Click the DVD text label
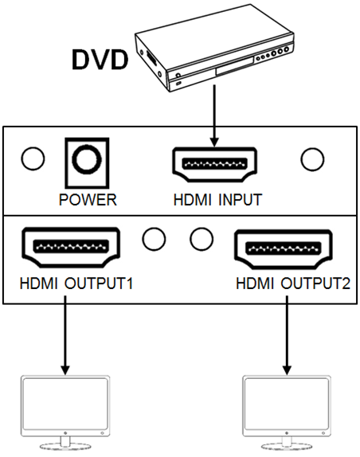pyautogui.click(x=100, y=60)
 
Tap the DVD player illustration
pyautogui.click(x=214, y=48)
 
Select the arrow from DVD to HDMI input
pyautogui.click(x=214, y=115)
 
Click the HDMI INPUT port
pyautogui.click(x=214, y=164)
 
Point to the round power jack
pyautogui.click(x=87, y=159)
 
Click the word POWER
pyautogui.click(x=88, y=200)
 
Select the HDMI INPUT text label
pyautogui.click(x=217, y=200)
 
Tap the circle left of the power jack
pyautogui.click(x=33, y=158)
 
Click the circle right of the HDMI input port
pyautogui.click(x=312, y=159)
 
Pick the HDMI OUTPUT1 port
pyautogui.click(x=71, y=247)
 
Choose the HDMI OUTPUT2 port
pyautogui.click(x=284, y=249)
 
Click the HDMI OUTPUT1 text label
pyautogui.click(x=76, y=283)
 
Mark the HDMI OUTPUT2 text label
pyautogui.click(x=293, y=283)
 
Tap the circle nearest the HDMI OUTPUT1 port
pyautogui.click(x=154, y=239)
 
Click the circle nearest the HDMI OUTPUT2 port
pyautogui.click(x=202, y=239)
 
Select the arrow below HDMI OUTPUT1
pyautogui.click(x=65, y=335)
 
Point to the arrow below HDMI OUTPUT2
pyautogui.click(x=287, y=335)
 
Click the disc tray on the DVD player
pyautogui.click(x=234, y=67)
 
